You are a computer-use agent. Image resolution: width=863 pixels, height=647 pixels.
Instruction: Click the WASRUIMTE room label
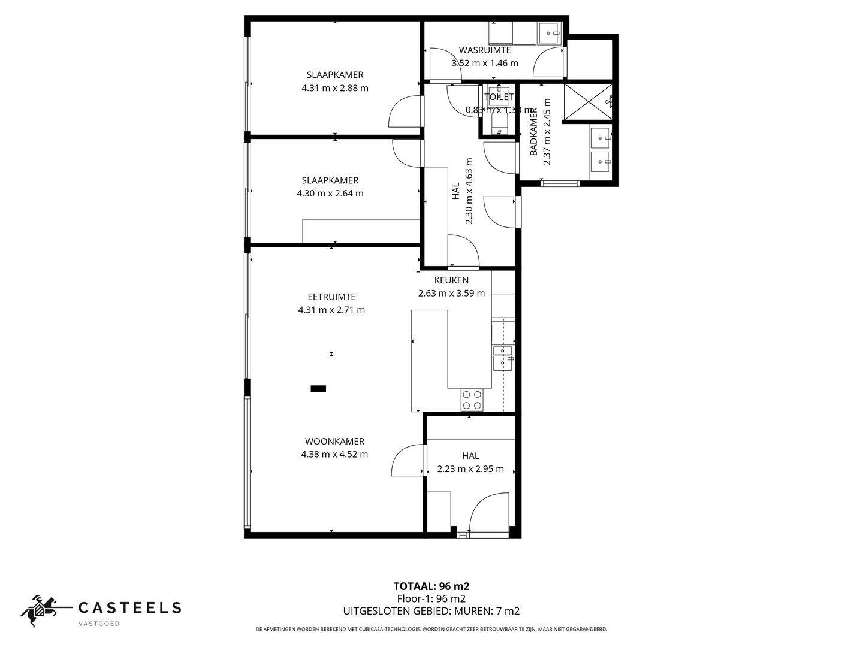(x=485, y=50)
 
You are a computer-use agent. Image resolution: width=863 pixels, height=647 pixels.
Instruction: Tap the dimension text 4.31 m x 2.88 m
(x=335, y=88)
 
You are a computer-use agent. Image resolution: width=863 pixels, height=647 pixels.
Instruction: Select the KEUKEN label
(x=451, y=280)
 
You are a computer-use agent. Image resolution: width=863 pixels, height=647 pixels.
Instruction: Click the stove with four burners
(x=472, y=400)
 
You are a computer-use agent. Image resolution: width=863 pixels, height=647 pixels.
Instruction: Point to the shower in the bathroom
(x=588, y=102)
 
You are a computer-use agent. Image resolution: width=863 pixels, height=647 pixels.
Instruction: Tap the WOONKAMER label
(x=334, y=442)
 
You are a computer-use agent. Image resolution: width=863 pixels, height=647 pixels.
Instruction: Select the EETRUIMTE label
(x=331, y=297)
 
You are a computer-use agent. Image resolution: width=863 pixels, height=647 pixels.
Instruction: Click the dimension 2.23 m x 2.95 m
(x=470, y=469)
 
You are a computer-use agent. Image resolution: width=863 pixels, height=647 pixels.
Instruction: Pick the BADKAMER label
(x=533, y=132)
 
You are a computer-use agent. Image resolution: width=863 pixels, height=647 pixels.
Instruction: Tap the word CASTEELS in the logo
(x=130, y=607)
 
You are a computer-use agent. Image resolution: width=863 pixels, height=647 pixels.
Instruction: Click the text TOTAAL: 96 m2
(x=431, y=586)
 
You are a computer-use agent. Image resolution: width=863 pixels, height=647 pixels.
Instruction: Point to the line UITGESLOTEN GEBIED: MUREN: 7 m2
(x=431, y=612)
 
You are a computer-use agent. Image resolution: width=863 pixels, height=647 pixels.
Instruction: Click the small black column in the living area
(x=318, y=389)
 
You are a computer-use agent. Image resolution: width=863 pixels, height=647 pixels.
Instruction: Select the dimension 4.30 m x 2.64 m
(x=330, y=194)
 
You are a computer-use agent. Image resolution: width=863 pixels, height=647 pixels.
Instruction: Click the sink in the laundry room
(x=549, y=34)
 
